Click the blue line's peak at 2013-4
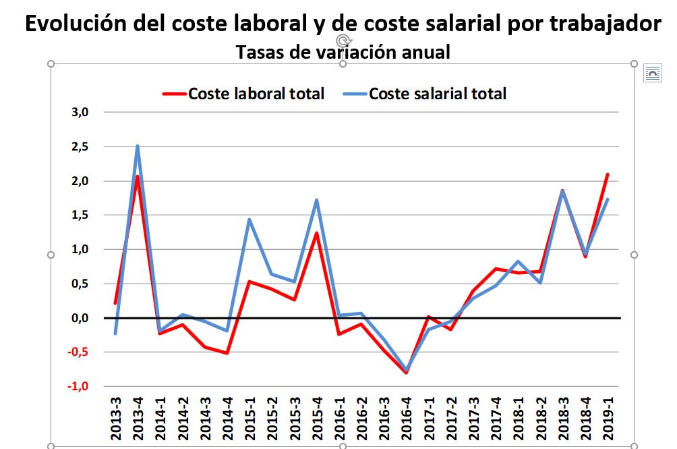138,146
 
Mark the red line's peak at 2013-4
138,176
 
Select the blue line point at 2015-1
249,219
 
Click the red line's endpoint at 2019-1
608,174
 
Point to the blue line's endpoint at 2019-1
608,199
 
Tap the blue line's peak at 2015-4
317,200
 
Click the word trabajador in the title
604,24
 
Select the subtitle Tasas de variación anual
343,51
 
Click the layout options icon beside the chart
652,73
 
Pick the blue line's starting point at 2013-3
115,334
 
